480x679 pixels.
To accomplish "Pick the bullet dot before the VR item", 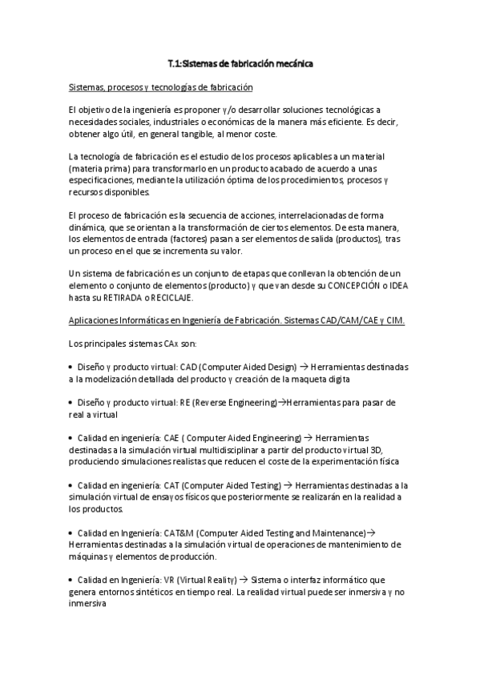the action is pos(72,579).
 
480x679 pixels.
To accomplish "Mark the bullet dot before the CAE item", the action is pos(72,438).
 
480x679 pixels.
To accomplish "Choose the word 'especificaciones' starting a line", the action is pos(103,182).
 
